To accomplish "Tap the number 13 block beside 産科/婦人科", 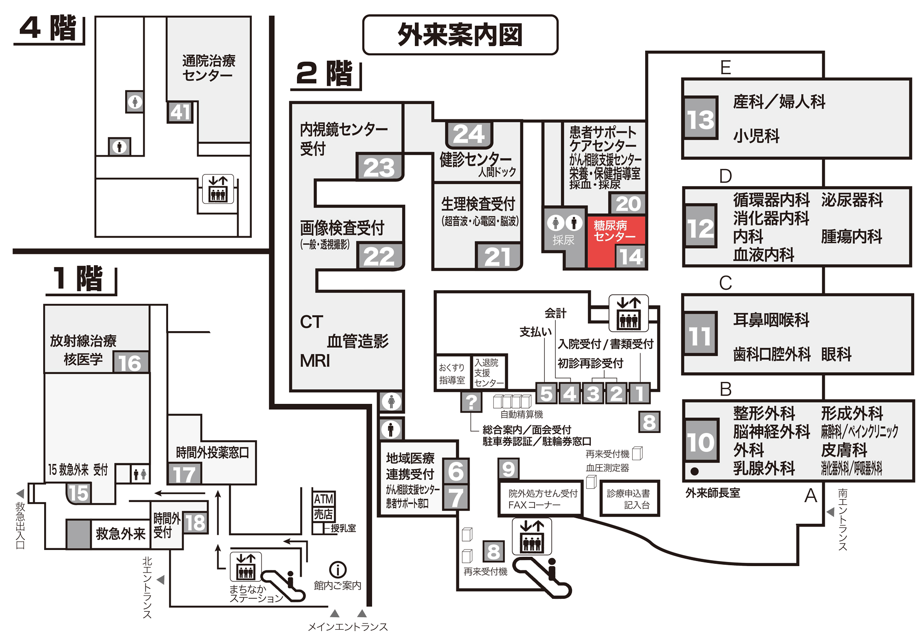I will pyautogui.click(x=700, y=118).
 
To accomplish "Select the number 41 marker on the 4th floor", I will pyautogui.click(x=180, y=112).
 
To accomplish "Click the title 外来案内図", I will pyautogui.click(x=460, y=35).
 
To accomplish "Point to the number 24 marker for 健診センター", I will pyautogui.click(x=469, y=134).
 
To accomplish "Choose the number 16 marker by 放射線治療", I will pyautogui.click(x=131, y=363).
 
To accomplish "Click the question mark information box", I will pyautogui.click(x=471, y=402).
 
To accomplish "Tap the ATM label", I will pyautogui.click(x=323, y=499).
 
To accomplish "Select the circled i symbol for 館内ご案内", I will pyautogui.click(x=338, y=570).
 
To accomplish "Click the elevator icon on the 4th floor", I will pyautogui.click(x=218, y=189).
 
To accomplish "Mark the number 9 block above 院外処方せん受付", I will pyautogui.click(x=508, y=469).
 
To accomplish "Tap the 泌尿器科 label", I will pyautogui.click(x=851, y=200).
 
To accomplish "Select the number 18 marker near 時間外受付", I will pyautogui.click(x=196, y=523).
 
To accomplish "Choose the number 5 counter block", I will pyautogui.click(x=546, y=393).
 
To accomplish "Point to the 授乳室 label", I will pyautogui.click(x=343, y=528).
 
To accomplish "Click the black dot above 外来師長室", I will pyautogui.click(x=694, y=471).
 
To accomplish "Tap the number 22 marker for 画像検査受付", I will pyautogui.click(x=379, y=256).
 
